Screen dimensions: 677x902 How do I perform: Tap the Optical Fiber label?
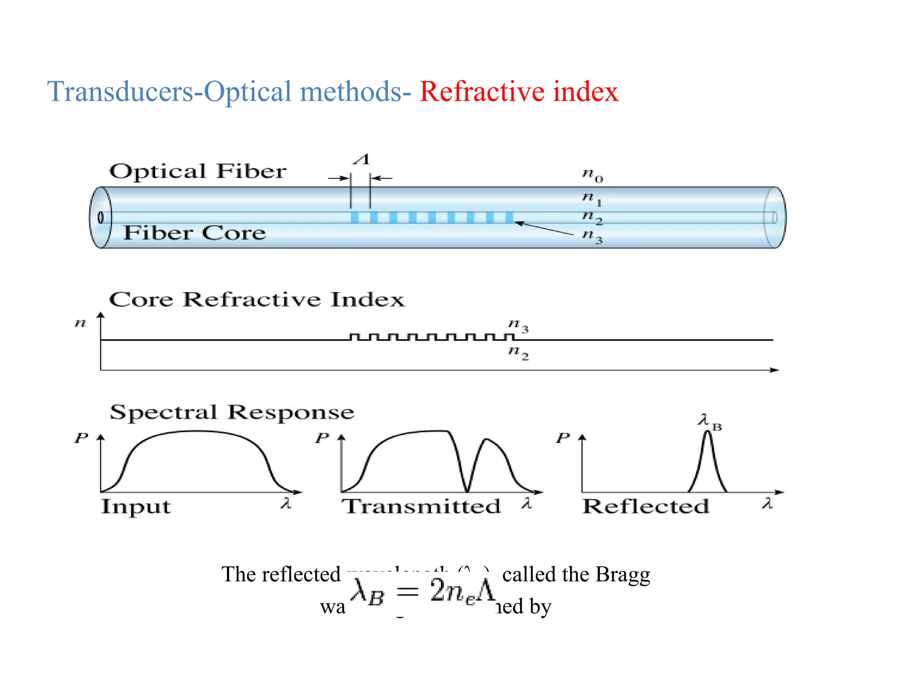tap(198, 171)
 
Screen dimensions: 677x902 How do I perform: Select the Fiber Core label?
tap(194, 233)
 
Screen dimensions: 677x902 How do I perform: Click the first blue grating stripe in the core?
tap(354, 217)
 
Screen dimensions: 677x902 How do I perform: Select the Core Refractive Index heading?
tap(256, 300)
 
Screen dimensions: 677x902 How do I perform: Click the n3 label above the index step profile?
tap(518, 325)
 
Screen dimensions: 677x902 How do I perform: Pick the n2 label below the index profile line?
tap(518, 353)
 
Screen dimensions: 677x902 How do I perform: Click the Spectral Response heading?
tap(232, 413)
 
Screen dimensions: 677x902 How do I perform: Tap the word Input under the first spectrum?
tap(136, 506)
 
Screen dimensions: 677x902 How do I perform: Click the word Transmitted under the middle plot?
tap(421, 506)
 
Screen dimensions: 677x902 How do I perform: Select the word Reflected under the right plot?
tap(646, 506)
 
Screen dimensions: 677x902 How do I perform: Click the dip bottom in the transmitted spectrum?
tap(467, 490)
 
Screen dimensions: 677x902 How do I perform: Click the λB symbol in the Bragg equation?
tap(367, 592)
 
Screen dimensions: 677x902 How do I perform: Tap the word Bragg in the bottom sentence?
tap(622, 574)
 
